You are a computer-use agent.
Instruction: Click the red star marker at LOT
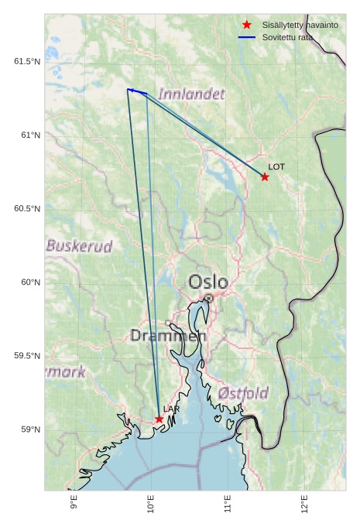click(x=265, y=177)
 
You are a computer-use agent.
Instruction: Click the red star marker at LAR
click(x=159, y=419)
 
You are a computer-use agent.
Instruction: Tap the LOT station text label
click(x=276, y=166)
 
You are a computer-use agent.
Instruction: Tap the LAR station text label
click(x=171, y=409)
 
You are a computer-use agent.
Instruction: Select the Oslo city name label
click(x=208, y=281)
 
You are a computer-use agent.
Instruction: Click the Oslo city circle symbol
click(x=208, y=298)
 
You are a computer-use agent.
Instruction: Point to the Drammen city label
click(x=168, y=336)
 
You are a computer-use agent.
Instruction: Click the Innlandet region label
click(x=191, y=94)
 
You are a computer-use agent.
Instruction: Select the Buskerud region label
click(x=79, y=246)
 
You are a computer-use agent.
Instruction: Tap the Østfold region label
click(x=243, y=393)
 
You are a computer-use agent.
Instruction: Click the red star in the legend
click(x=247, y=25)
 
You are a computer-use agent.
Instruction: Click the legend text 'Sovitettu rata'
click(x=288, y=37)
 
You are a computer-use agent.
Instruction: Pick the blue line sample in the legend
click(x=247, y=37)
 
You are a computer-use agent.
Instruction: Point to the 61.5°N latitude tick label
click(x=27, y=61)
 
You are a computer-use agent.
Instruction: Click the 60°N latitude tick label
click(x=31, y=282)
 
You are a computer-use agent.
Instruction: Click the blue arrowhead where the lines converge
click(x=130, y=90)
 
